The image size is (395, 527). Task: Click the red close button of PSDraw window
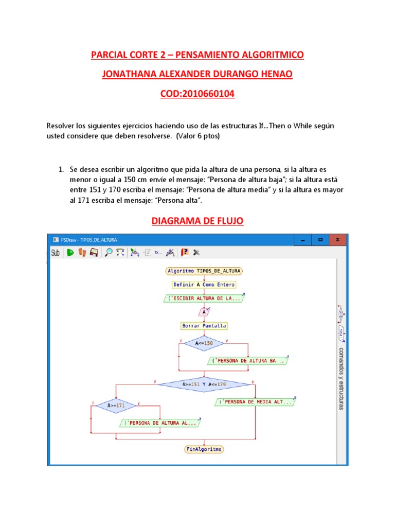[337, 240]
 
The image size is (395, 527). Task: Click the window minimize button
[303, 240]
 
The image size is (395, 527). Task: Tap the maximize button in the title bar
[320, 240]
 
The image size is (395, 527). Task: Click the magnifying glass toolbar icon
[109, 252]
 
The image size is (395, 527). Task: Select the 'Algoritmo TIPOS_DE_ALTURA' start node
[204, 271]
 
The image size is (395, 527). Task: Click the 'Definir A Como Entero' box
[204, 285]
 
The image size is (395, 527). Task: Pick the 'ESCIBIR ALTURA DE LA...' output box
[204, 298]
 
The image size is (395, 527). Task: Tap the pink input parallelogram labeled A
[204, 312]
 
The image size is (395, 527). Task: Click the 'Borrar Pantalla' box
[204, 326]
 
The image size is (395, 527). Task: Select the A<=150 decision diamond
[204, 343]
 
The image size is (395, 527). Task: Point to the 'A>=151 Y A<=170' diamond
[204, 384]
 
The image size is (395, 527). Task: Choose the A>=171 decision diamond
[116, 406]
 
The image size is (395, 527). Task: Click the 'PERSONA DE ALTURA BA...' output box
[248, 361]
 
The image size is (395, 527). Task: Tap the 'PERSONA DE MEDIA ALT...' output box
[255, 402]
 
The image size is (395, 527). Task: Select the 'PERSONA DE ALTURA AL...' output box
[160, 423]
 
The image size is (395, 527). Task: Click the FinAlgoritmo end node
[204, 449]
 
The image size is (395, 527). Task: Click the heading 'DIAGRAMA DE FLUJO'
[197, 221]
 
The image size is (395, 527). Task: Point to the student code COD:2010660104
[197, 94]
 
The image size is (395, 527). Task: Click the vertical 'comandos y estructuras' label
[341, 378]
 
